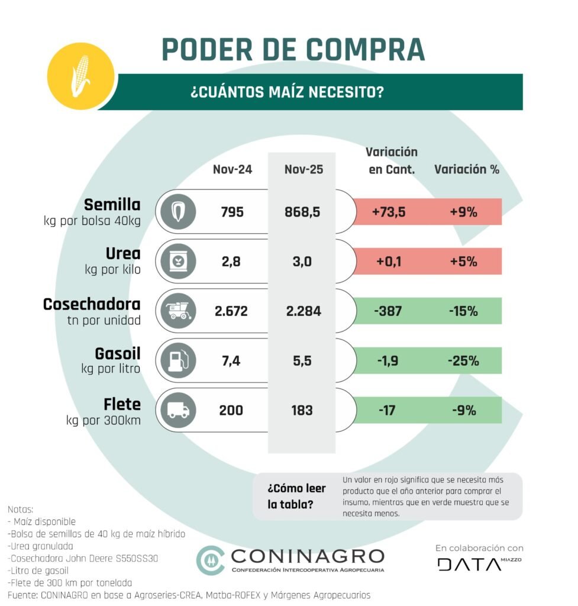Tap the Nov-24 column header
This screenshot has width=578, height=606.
tap(233, 169)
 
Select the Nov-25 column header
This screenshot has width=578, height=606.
tap(303, 169)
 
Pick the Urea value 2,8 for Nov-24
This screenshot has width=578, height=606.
tap(232, 261)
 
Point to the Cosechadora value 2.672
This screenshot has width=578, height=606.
tap(231, 311)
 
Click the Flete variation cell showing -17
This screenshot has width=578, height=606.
tap(386, 410)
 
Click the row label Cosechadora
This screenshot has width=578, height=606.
tap(92, 305)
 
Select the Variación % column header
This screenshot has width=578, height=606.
tap(467, 169)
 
